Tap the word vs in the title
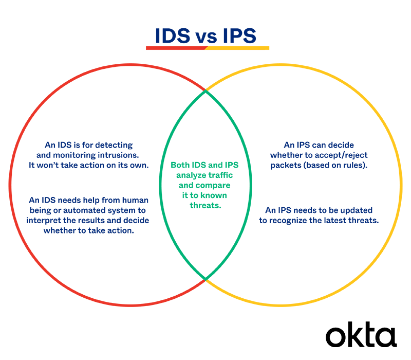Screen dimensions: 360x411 pyautogui.click(x=207, y=37)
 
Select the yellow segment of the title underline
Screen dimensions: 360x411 pyautogui.click(x=239, y=48)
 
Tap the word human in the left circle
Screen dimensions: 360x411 pyautogui.click(x=134, y=200)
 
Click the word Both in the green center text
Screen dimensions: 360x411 pyautogui.click(x=181, y=166)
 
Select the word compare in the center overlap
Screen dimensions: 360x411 pyautogui.click(x=213, y=185)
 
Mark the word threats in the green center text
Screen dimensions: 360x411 pyautogui.click(x=205, y=205)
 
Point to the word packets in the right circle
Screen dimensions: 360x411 pyautogui.click(x=286, y=166)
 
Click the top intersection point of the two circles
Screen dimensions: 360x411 pyautogui.click(x=206, y=91)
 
